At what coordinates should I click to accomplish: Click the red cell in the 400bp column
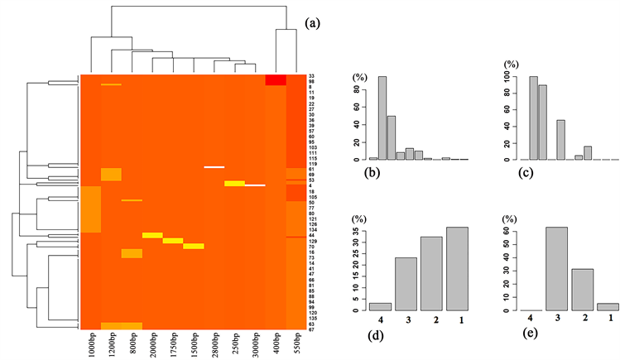click(276, 79)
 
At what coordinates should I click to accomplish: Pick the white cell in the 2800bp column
click(214, 167)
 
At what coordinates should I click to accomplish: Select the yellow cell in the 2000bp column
click(152, 235)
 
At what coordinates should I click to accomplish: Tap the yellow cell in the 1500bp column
click(194, 246)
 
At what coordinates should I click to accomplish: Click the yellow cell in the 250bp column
click(234, 183)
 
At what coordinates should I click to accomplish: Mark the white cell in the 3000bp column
click(255, 185)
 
